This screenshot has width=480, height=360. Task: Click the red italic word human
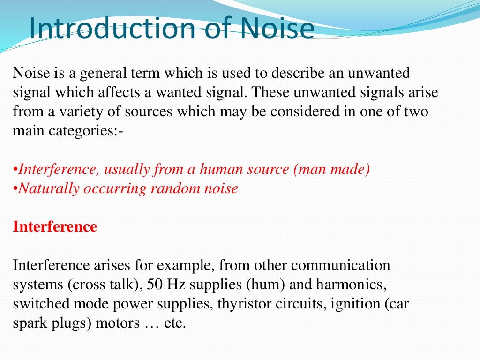point(220,169)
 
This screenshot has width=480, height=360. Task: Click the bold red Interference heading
point(55,227)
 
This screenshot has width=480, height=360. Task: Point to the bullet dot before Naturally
point(15,189)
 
